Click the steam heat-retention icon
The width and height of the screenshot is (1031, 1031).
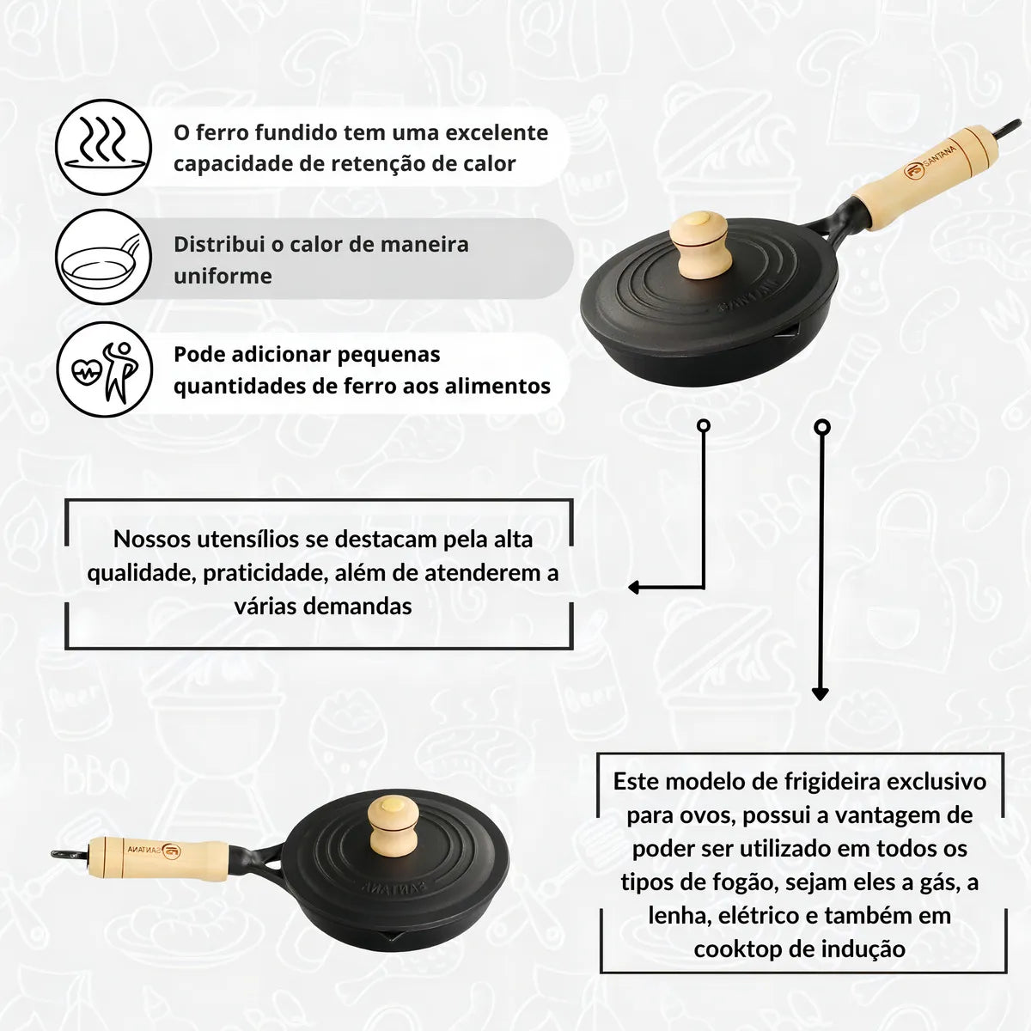(x=103, y=147)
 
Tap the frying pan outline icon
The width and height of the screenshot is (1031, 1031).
(x=103, y=258)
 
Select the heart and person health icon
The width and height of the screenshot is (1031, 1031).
(x=103, y=369)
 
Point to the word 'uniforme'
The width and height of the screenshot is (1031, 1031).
(x=223, y=276)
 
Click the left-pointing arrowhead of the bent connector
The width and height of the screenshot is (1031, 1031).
(x=634, y=588)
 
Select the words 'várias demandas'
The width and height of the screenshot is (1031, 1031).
(x=322, y=606)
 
